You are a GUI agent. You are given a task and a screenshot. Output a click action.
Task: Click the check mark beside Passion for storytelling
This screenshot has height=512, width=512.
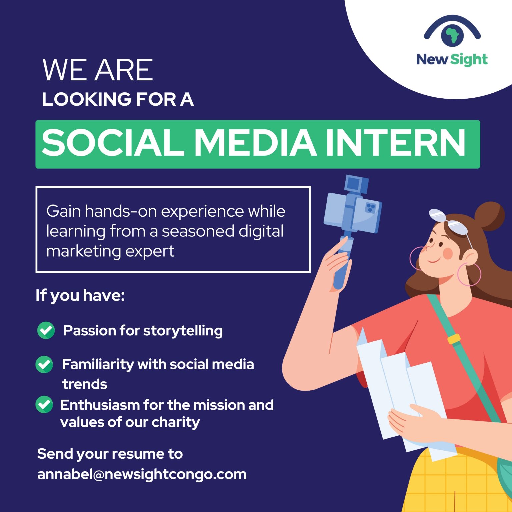[46, 330]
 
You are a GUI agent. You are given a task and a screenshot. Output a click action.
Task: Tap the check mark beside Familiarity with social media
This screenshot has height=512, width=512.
[44, 364]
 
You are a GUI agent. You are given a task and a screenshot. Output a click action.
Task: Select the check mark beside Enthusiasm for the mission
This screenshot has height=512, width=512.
[44, 404]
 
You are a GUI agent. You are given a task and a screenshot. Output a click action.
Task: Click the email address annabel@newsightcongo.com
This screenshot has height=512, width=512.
[142, 474]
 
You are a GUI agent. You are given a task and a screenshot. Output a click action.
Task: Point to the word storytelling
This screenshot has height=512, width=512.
[183, 331]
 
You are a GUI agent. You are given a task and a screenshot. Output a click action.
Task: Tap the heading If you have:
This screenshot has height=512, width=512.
[80, 296]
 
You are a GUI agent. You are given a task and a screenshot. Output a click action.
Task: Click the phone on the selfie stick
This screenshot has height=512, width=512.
[353, 213]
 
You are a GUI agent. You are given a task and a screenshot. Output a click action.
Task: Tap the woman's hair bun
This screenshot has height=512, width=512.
[490, 216]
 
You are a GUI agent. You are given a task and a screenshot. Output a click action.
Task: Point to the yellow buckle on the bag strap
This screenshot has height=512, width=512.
[454, 339]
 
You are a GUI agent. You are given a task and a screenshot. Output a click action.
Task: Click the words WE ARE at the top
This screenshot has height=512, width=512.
[98, 70]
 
